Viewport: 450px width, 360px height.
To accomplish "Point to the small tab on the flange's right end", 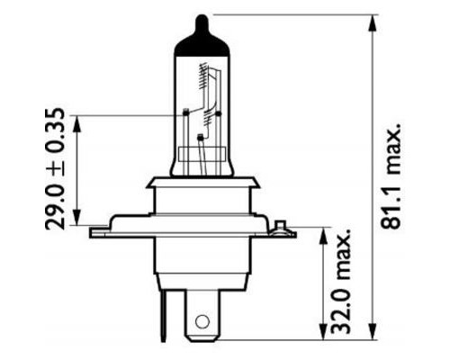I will pyautogui.click(x=280, y=226).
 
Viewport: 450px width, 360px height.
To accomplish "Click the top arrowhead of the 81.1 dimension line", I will pyautogui.click(x=371, y=20).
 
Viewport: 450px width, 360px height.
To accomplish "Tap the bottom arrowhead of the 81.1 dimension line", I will pyautogui.click(x=371, y=339).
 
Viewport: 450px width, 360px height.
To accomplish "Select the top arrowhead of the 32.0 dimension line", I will pyautogui.click(x=321, y=232).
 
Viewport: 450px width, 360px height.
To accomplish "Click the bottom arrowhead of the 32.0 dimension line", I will pyautogui.click(x=321, y=339).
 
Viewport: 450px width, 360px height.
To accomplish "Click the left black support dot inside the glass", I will pyautogui.click(x=184, y=112).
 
